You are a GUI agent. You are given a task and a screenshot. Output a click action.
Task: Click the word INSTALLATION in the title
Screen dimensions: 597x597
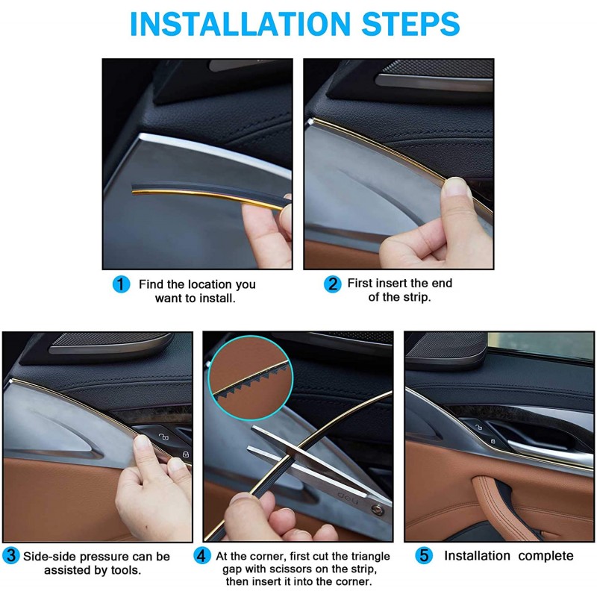coord(240,24)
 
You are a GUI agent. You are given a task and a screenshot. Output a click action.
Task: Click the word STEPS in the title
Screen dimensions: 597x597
coord(411,24)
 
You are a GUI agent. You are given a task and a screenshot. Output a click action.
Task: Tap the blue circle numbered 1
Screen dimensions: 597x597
coord(121,284)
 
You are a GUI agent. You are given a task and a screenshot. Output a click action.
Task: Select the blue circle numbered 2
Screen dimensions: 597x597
coord(332,284)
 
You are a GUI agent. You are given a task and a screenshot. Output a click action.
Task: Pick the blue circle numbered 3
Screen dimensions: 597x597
coord(11,555)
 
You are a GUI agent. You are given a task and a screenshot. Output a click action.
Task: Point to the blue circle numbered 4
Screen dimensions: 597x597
coord(201,555)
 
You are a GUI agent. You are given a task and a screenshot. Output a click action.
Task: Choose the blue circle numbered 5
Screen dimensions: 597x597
coord(424,555)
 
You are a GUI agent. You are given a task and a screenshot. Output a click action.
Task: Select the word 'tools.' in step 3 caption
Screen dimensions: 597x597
coord(126,570)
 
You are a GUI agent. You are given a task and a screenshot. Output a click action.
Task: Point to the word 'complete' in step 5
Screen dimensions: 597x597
coord(546,556)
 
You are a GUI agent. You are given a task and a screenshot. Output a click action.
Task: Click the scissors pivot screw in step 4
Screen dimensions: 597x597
coord(378,510)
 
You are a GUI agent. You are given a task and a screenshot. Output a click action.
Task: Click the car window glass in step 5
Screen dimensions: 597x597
coord(540,346)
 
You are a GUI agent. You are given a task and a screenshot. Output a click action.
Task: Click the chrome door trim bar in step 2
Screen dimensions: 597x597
coord(434,83)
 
